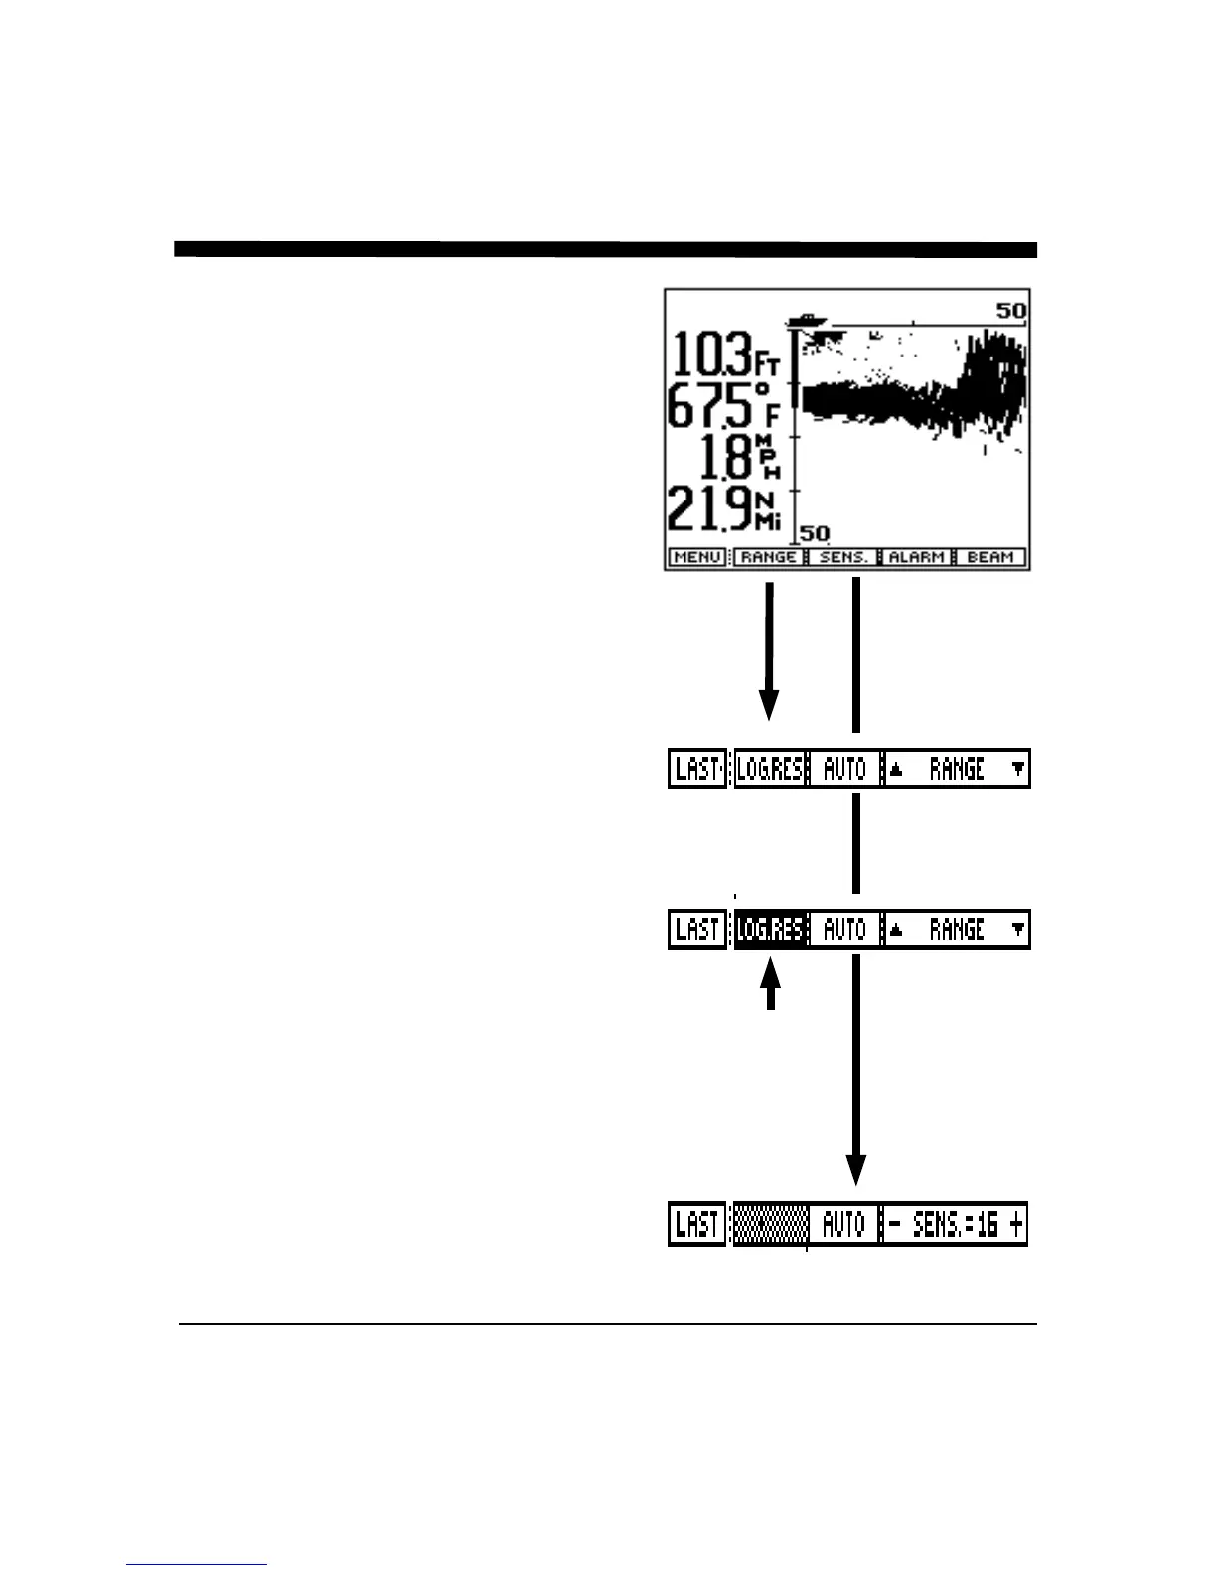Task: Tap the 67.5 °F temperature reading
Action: point(722,405)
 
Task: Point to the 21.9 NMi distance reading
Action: point(722,509)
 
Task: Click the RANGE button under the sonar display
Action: point(768,557)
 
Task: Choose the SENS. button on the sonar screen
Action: point(843,557)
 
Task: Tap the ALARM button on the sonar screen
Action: point(916,557)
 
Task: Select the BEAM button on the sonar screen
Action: point(989,557)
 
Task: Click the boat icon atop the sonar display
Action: point(806,320)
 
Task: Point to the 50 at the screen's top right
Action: point(1011,311)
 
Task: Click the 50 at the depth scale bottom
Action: point(815,533)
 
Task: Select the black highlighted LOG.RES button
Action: point(770,929)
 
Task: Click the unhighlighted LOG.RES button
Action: point(770,769)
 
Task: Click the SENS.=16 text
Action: point(955,1224)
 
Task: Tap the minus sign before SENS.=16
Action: point(894,1224)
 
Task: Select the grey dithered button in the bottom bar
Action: point(770,1224)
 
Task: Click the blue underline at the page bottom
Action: point(197,1564)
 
